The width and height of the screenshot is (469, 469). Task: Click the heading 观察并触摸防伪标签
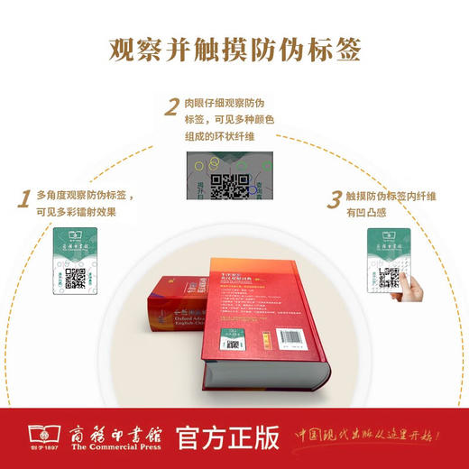click(x=234, y=48)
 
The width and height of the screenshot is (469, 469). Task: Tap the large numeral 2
click(x=170, y=109)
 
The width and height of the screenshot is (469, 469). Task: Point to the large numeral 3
click(x=335, y=198)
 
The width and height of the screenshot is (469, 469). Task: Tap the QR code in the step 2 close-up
click(x=229, y=186)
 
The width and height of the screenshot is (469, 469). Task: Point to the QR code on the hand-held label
click(x=390, y=277)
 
